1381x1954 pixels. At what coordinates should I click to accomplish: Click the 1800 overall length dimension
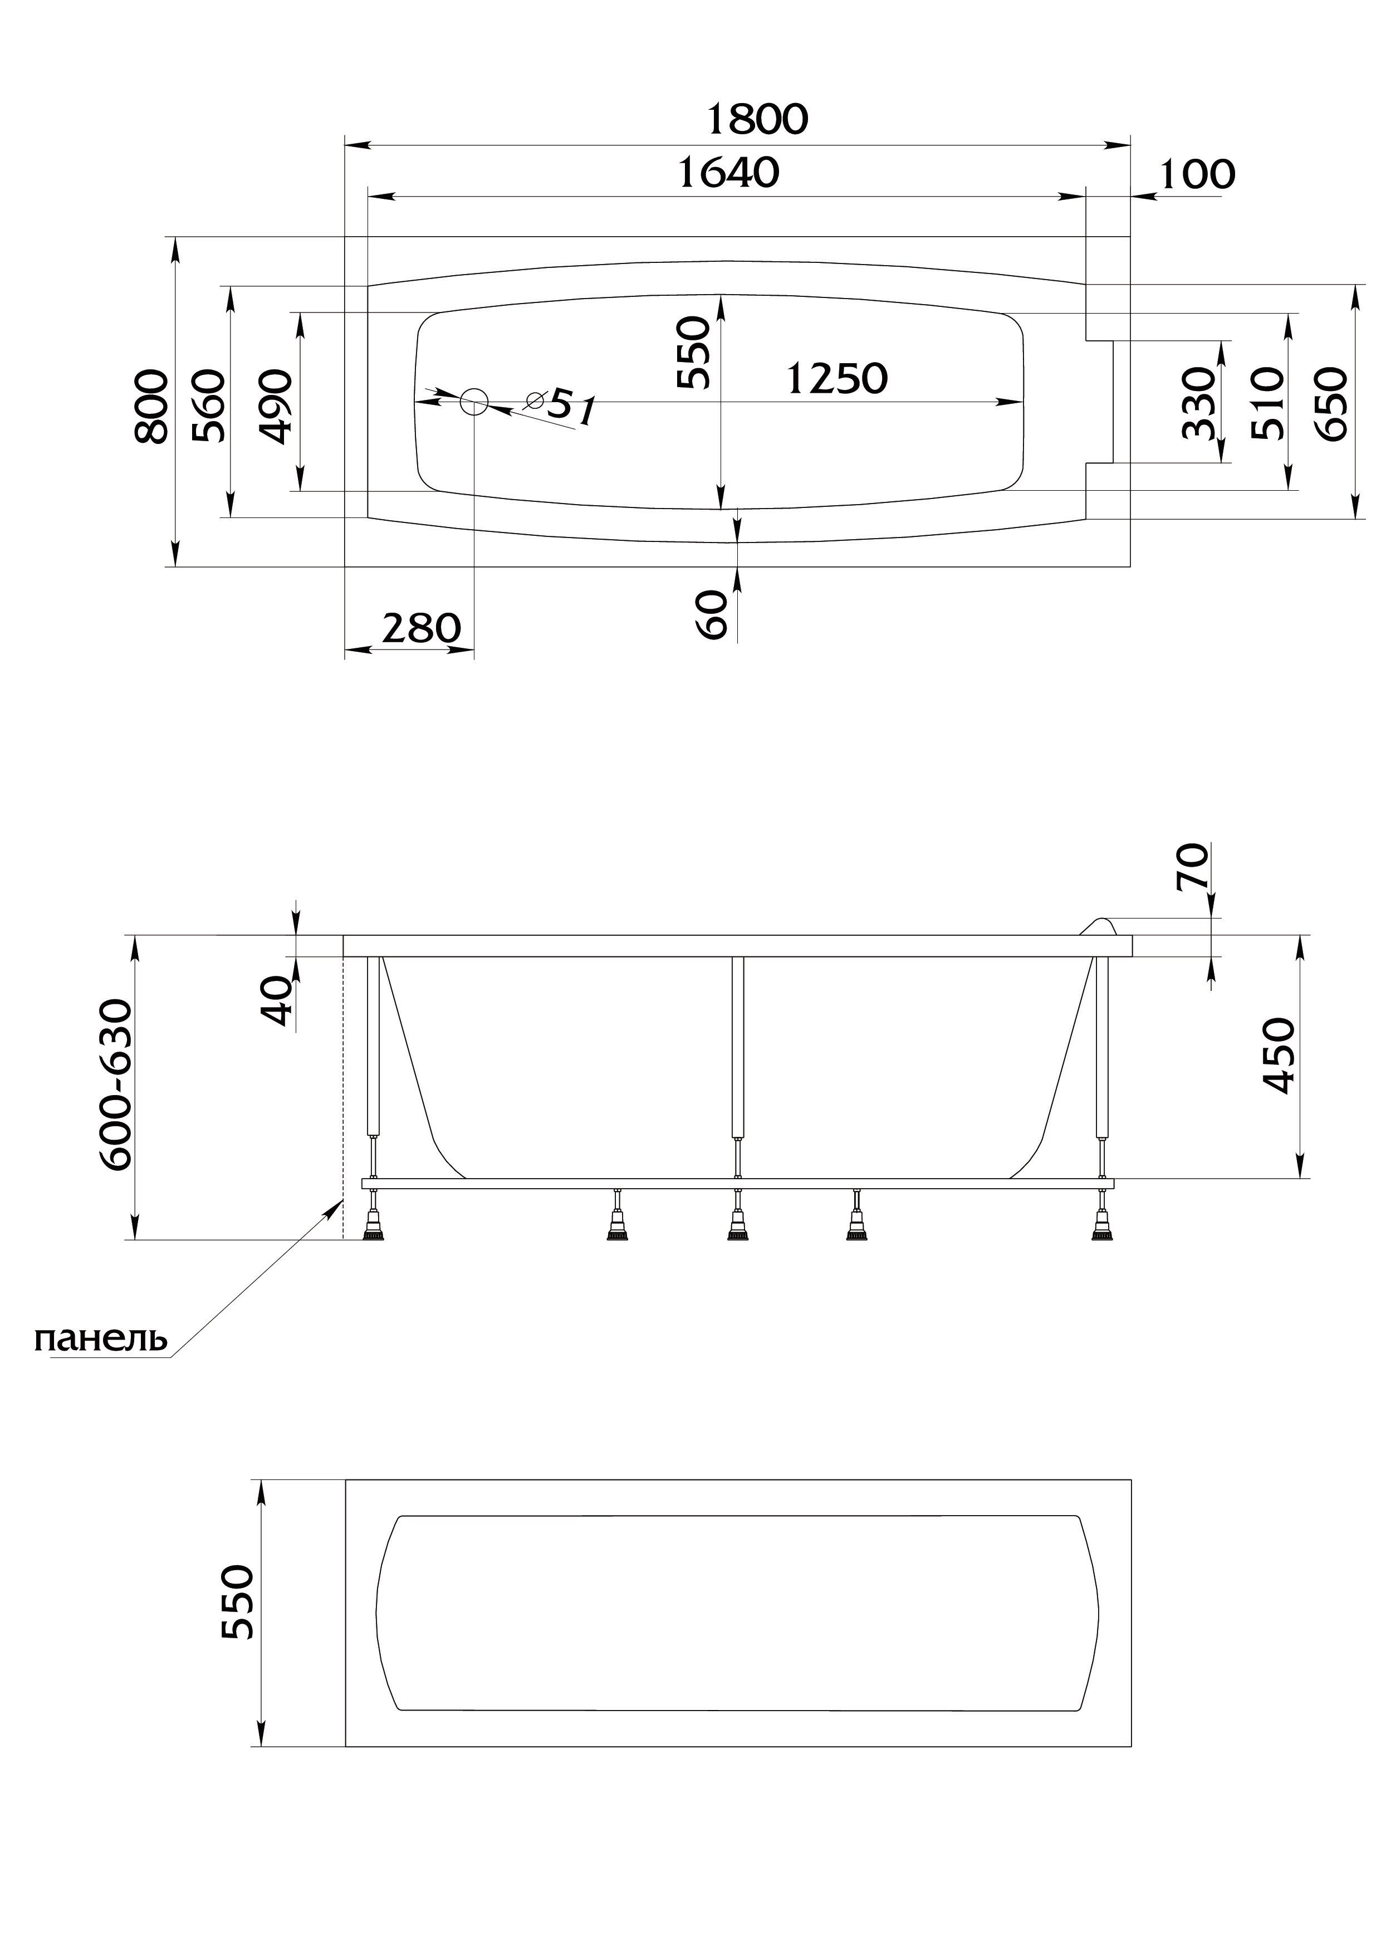(x=757, y=120)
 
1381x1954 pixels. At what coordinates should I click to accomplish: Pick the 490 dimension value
(x=276, y=406)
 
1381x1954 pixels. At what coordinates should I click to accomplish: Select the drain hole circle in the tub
(x=474, y=401)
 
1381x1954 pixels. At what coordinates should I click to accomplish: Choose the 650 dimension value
(x=1333, y=403)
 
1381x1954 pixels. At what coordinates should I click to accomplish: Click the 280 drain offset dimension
(x=420, y=629)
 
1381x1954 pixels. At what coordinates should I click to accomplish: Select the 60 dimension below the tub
(x=714, y=614)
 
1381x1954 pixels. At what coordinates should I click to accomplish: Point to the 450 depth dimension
(x=1278, y=1056)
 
